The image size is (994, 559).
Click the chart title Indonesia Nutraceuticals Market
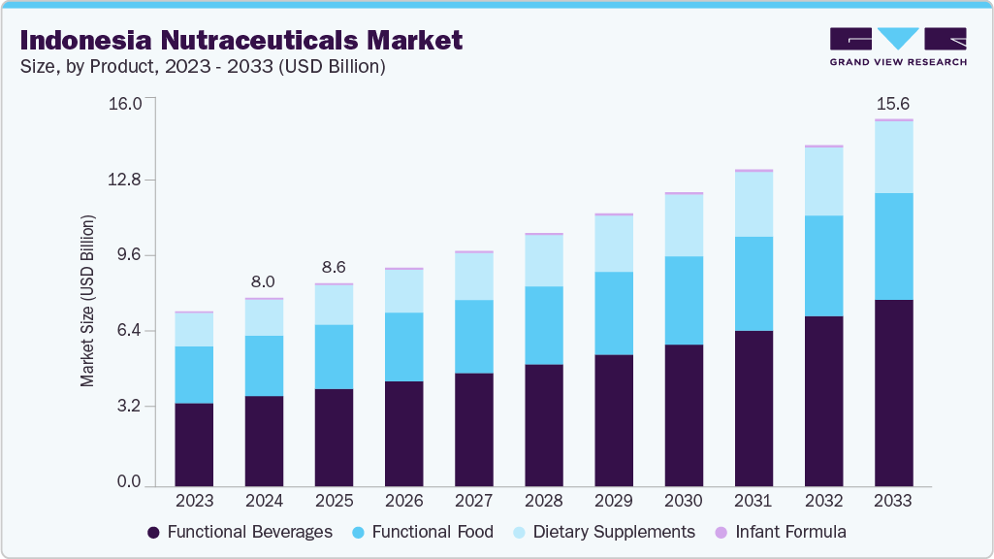pos(240,40)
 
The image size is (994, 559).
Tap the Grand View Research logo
pos(898,47)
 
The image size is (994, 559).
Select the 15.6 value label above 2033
pos(893,103)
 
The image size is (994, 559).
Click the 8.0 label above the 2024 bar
pos(264,281)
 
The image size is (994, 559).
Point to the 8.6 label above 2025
pos(334,267)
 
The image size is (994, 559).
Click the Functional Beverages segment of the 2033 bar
pos(893,392)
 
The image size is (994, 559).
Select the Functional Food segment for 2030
pos(684,300)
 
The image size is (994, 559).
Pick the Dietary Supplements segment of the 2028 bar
pos(544,260)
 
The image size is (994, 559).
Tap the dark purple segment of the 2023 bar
pos(194,444)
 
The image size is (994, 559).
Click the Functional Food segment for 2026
pos(404,346)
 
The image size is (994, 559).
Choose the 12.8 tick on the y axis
pos(129,180)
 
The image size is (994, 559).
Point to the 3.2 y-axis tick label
pos(129,406)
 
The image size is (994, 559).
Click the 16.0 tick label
pos(129,103)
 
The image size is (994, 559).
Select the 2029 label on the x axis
pos(614,501)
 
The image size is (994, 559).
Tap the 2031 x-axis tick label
pos(754,501)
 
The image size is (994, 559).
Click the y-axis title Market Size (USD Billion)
pos(88,302)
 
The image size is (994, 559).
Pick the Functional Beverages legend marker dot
pos(153,533)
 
